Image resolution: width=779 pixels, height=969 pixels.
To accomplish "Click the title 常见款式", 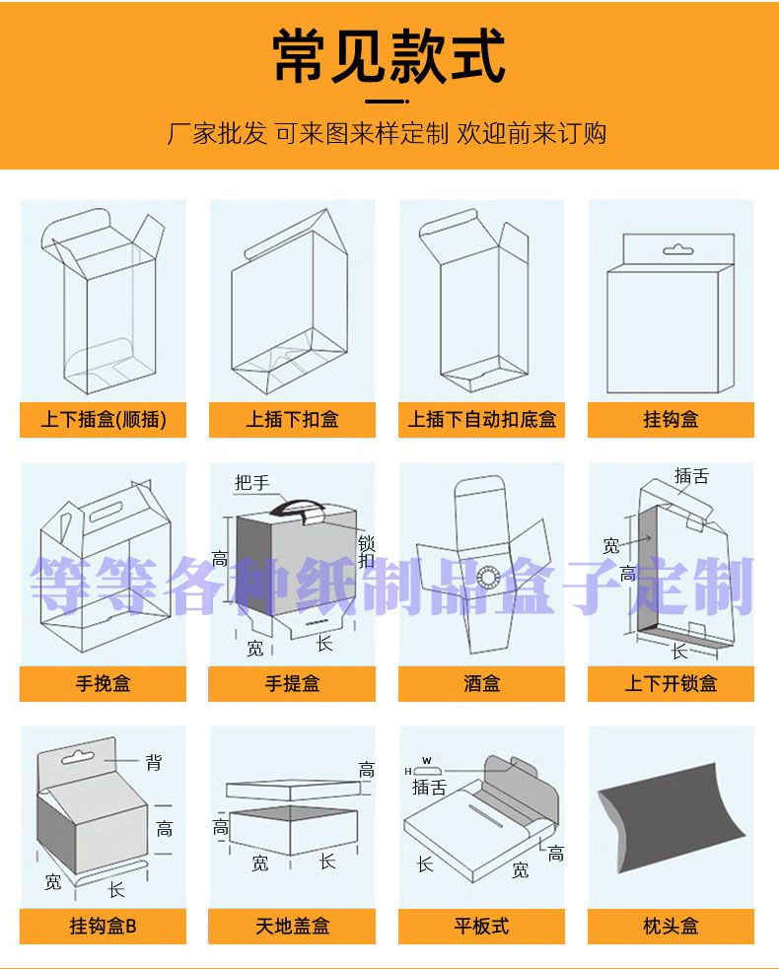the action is [389, 55].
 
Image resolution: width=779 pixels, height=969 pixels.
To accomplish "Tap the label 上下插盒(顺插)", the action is [104, 420].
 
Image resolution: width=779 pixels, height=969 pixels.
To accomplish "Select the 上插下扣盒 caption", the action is [293, 420].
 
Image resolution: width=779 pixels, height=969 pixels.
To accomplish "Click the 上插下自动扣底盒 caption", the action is [481, 420].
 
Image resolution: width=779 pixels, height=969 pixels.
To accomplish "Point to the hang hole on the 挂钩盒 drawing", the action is [677, 249].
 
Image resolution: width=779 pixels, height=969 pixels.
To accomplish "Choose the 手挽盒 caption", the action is [104, 683].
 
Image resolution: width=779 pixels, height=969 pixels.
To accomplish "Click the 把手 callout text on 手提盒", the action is [252, 483].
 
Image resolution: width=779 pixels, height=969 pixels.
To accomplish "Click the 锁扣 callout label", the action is [367, 552].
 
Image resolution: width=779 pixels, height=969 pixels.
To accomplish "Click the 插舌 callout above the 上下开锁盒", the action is [692, 476].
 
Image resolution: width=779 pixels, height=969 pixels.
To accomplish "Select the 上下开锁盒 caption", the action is [671, 683].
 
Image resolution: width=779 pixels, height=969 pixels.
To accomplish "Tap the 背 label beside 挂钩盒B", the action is [154, 763].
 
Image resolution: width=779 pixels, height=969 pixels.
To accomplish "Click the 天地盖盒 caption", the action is [293, 926].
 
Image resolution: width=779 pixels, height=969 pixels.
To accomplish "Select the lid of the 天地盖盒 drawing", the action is [293, 789].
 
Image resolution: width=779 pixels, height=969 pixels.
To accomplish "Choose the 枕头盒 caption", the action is [671, 926].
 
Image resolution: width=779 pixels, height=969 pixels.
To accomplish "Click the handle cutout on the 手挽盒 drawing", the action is [107, 513].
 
